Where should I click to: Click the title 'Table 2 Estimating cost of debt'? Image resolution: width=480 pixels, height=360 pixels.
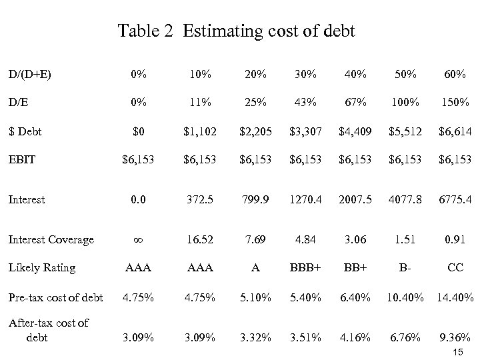click(237, 31)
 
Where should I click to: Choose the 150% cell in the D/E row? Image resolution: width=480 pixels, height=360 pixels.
click(455, 104)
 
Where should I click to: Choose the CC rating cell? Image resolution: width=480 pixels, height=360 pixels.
click(455, 268)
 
